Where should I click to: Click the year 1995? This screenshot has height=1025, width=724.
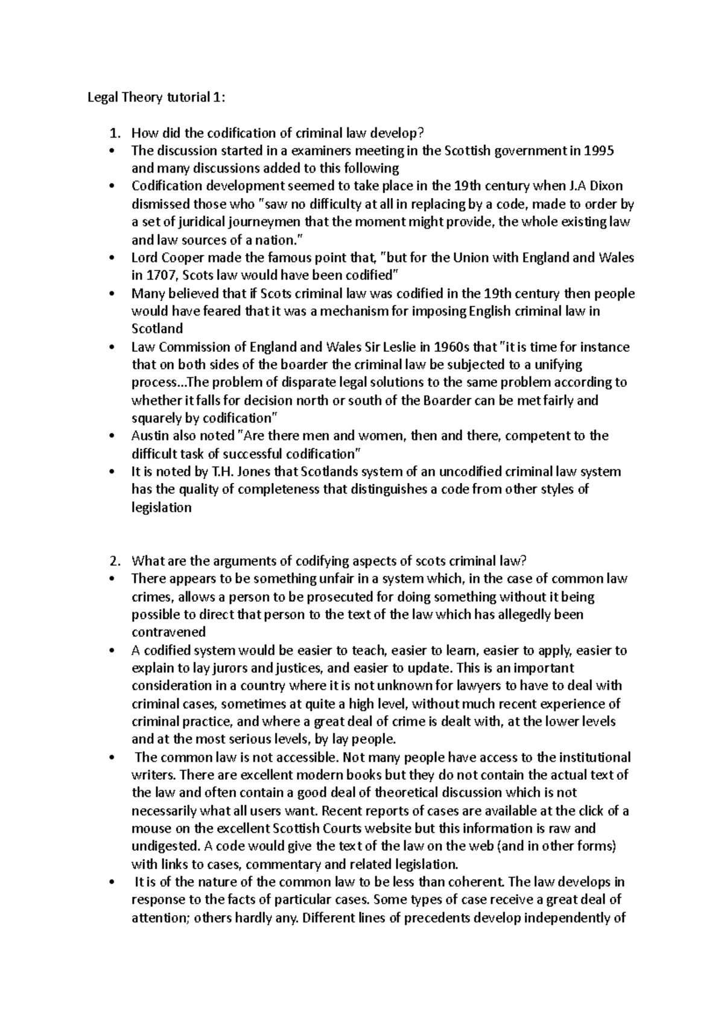coord(600,151)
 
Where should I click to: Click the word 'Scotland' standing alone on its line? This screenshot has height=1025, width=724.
coord(157,329)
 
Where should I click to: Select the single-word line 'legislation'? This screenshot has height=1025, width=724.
coord(161,508)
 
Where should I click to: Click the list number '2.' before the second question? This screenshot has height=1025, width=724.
coord(116,561)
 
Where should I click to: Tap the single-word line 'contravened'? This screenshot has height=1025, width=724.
coord(168,632)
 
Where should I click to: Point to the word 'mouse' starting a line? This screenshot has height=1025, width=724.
coord(148,828)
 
